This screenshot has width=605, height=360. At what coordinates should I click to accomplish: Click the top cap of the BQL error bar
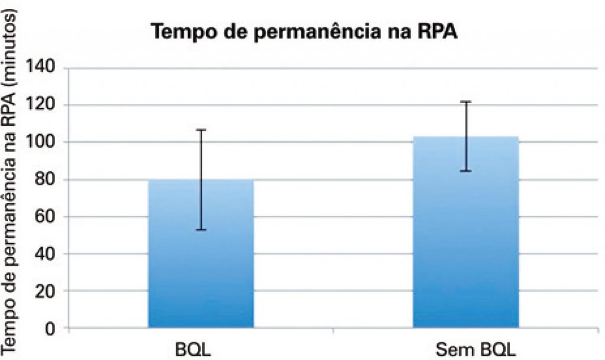200,129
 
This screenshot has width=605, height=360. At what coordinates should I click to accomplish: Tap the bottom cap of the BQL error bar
200,230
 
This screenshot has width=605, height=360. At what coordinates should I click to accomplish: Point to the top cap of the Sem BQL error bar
466,102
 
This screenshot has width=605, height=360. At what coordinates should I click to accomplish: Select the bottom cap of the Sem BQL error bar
466,171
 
